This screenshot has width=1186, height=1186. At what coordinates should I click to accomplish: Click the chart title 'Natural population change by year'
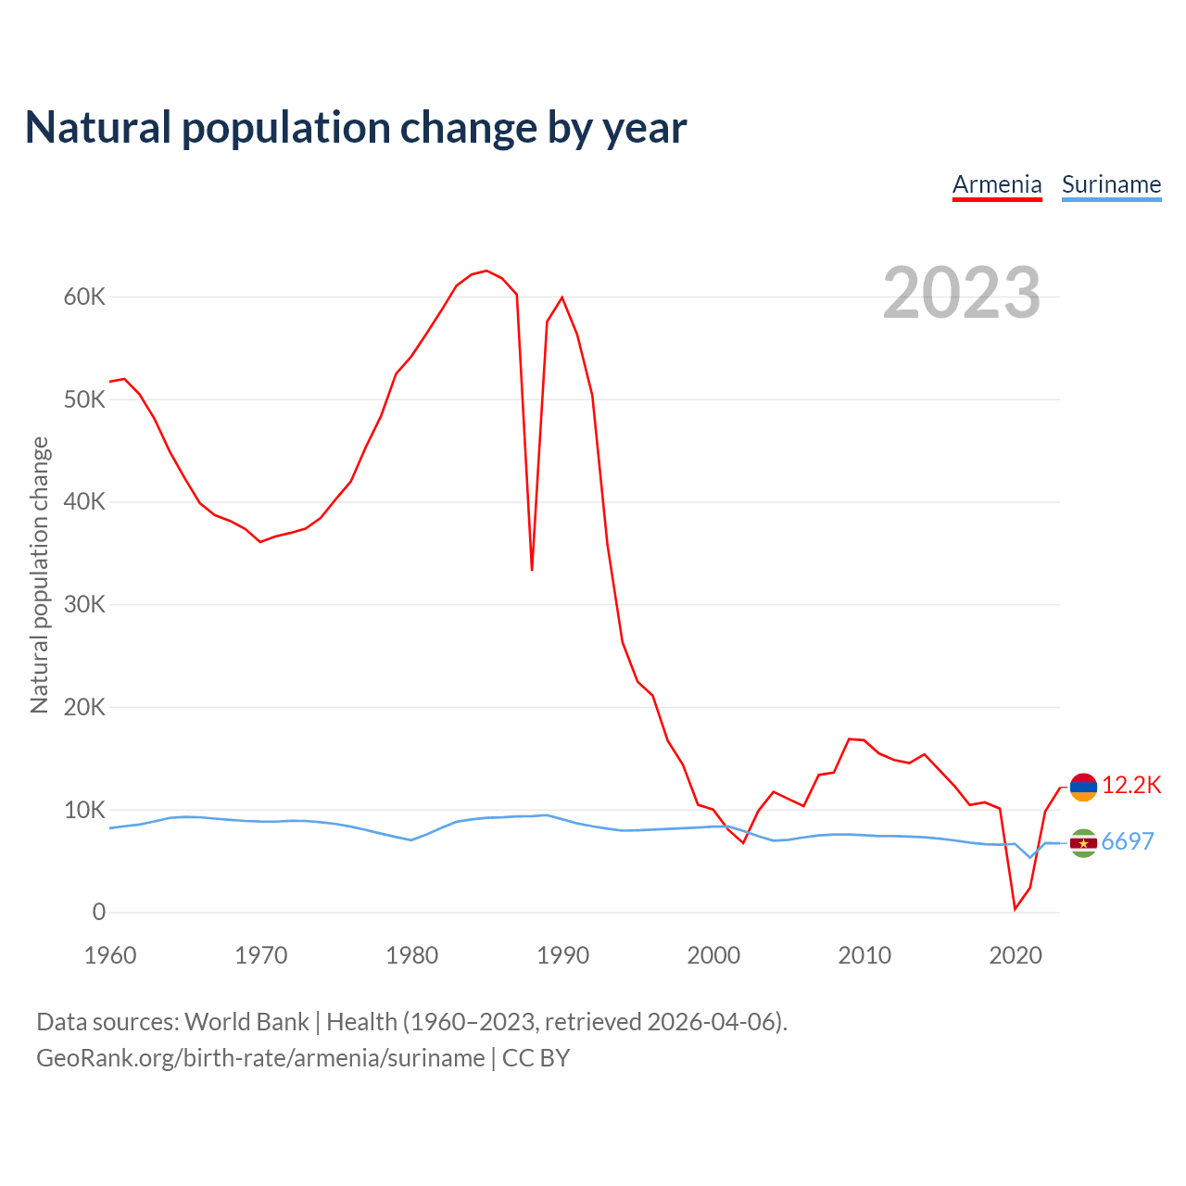click(356, 128)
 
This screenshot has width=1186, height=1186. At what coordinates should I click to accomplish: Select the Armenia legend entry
click(997, 184)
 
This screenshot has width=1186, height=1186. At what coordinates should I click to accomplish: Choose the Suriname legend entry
click(1111, 184)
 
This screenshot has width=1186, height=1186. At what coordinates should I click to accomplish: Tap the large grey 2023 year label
click(961, 293)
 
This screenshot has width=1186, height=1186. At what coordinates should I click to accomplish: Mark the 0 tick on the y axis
click(99, 913)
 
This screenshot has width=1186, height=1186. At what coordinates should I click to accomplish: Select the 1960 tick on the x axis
click(110, 955)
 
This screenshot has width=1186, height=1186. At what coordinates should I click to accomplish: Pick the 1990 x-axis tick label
click(562, 955)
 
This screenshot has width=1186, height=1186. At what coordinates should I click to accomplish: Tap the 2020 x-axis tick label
click(1016, 955)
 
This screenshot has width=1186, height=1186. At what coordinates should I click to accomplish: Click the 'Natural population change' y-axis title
click(39, 574)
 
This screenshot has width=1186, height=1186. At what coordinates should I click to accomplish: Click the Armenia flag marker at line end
click(1083, 787)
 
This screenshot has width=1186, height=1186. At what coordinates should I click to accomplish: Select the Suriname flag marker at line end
click(1083, 843)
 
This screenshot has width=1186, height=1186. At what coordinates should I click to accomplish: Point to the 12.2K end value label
click(1131, 786)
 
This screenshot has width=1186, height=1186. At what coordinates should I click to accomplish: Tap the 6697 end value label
click(1128, 841)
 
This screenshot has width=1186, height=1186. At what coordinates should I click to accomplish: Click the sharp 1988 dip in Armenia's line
click(532, 569)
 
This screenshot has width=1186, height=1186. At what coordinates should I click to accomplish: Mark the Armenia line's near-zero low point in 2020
click(1015, 909)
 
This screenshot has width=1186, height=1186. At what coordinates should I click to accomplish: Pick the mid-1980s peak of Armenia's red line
click(486, 271)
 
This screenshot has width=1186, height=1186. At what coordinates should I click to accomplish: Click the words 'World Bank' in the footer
click(246, 1022)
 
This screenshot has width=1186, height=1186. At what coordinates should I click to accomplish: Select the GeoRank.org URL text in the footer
click(260, 1058)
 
